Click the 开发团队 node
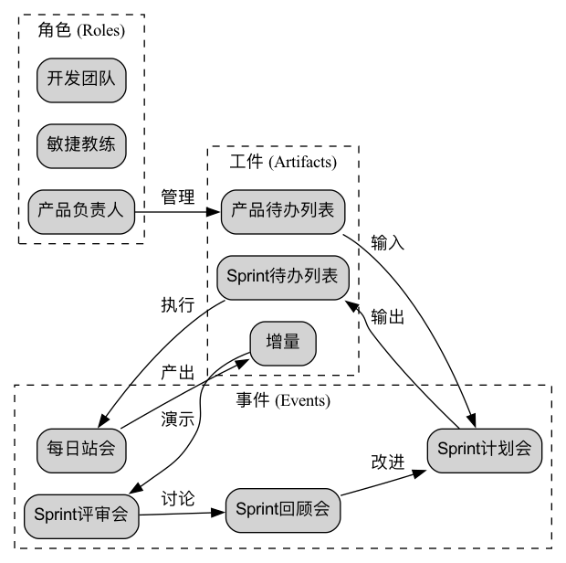tap(81, 80)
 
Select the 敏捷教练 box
tap(81, 144)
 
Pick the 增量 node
tap(283, 344)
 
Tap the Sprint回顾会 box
tap(282, 506)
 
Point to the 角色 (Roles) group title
tap(81, 30)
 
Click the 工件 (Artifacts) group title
tap(283, 162)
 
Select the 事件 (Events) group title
tap(283, 400)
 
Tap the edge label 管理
tap(178, 197)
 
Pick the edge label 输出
tap(388, 317)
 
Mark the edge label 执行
tap(177, 304)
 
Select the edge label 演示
tap(178, 420)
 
